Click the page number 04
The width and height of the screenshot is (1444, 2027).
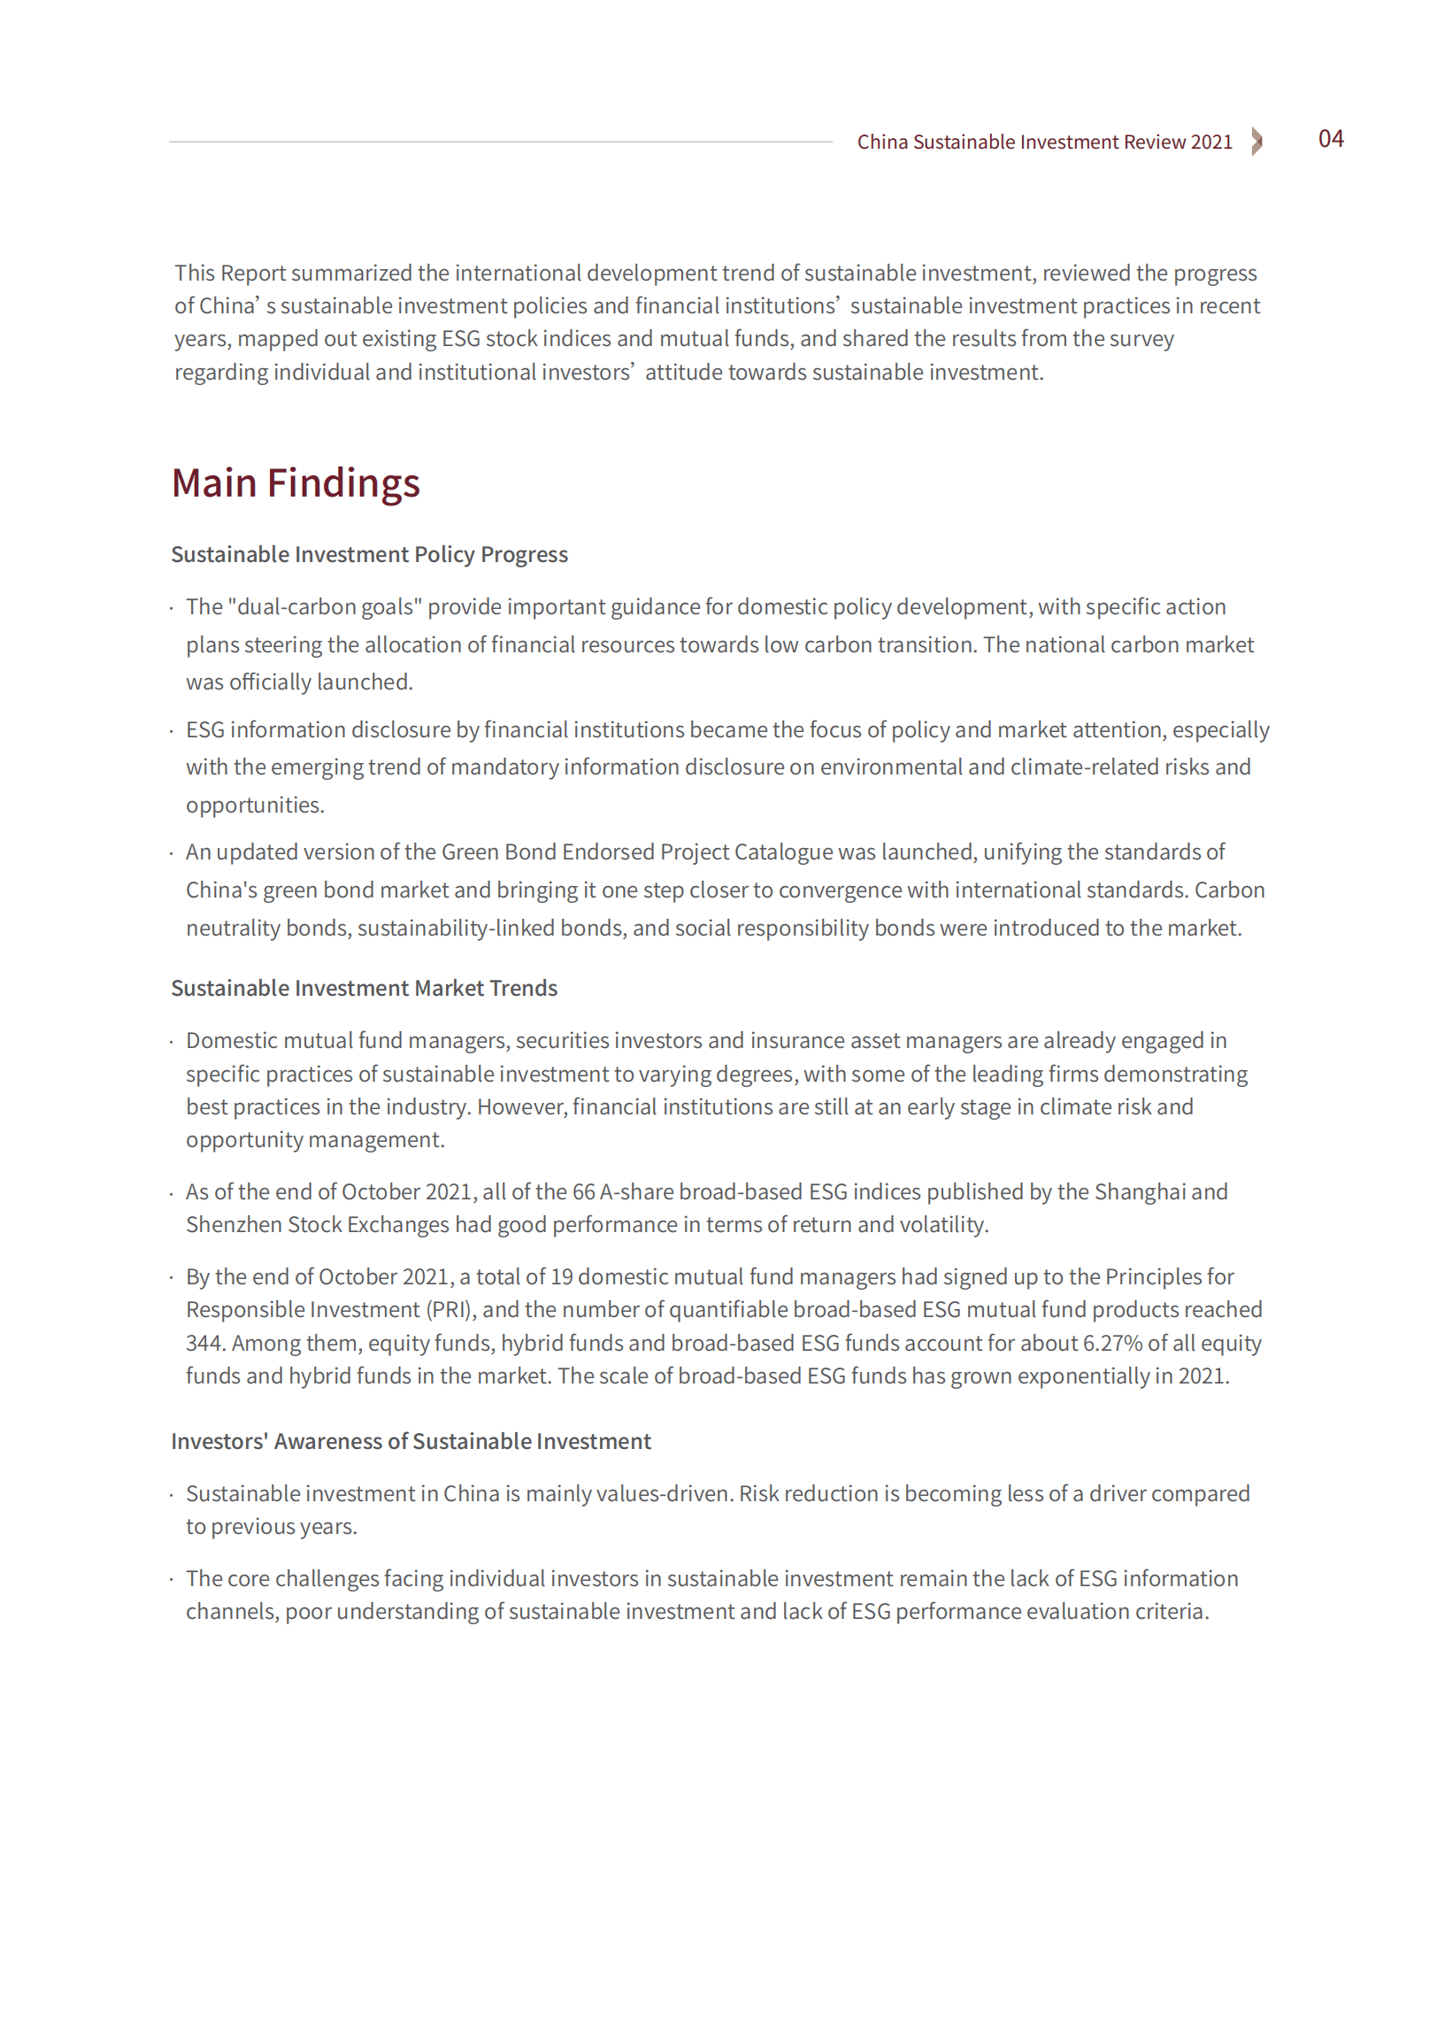[1330, 139]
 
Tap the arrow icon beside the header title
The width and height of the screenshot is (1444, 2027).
[1256, 142]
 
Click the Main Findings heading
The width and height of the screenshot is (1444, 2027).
[296, 483]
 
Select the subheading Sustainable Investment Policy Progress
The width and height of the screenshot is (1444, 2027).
[369, 554]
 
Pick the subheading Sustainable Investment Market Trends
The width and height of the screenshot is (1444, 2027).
[364, 988]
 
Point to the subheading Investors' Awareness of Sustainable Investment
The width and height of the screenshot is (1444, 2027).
[411, 1441]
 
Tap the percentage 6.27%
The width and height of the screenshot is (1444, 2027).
[1112, 1343]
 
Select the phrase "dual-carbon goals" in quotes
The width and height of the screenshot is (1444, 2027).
[325, 606]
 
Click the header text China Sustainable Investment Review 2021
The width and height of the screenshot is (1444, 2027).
[1044, 143]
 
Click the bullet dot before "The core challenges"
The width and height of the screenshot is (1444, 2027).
[172, 1580]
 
